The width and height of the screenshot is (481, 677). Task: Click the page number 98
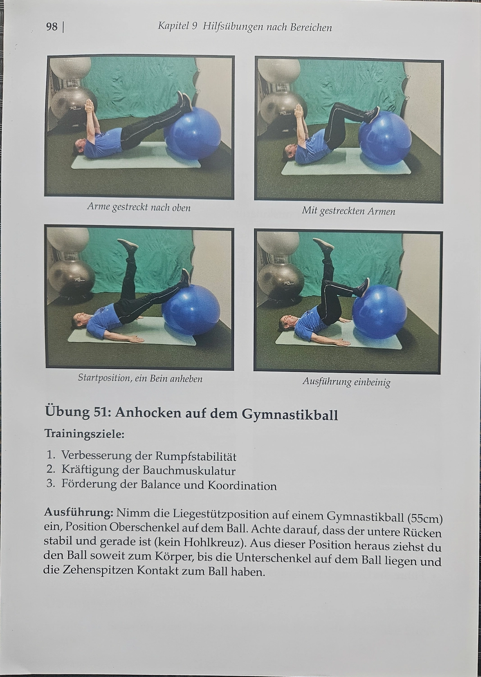pyautogui.click(x=52, y=27)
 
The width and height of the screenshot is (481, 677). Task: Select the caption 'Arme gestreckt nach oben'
pyautogui.click(x=139, y=208)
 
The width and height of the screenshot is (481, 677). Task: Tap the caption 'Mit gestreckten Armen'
pyautogui.click(x=348, y=211)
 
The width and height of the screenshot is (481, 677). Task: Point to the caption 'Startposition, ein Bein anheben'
pyautogui.click(x=140, y=378)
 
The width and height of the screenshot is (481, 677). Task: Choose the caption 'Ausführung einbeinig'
pyautogui.click(x=346, y=382)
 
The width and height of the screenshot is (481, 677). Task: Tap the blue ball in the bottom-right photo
pyautogui.click(x=380, y=311)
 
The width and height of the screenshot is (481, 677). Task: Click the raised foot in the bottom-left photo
pyautogui.click(x=128, y=246)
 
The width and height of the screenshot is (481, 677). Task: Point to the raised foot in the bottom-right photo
pyautogui.click(x=324, y=245)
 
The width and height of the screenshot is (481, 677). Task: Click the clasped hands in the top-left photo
pyautogui.click(x=90, y=107)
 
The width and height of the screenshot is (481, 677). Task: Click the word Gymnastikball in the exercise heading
pyautogui.click(x=290, y=414)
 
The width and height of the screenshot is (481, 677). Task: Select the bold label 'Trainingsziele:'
pyautogui.click(x=84, y=434)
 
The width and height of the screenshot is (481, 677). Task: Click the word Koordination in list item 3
pyautogui.click(x=242, y=486)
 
